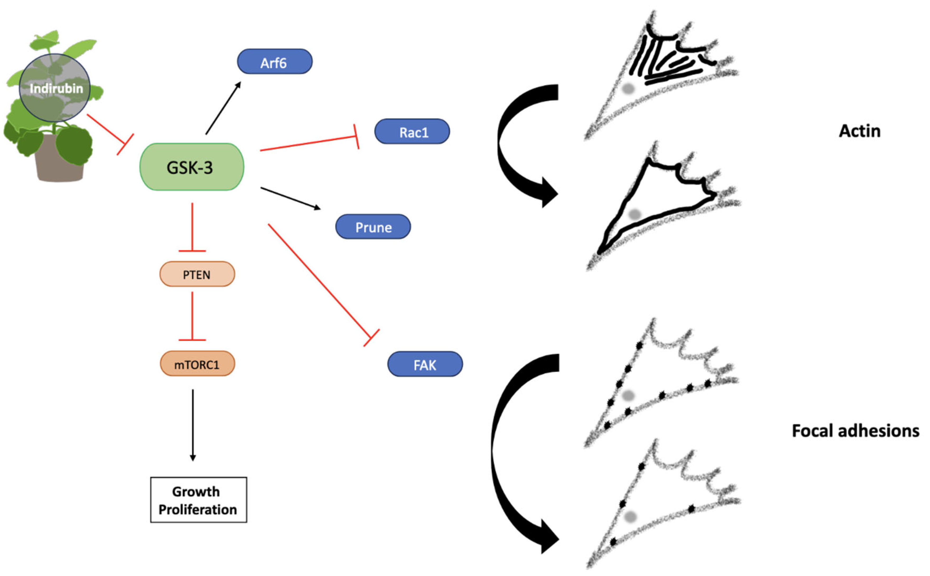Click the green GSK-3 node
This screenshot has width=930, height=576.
point(191,167)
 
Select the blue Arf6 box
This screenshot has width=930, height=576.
point(274,62)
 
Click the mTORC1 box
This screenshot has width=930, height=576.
point(197,364)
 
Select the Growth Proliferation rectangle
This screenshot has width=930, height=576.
point(198,499)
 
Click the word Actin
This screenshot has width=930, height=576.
point(859,131)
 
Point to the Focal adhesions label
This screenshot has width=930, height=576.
point(855,431)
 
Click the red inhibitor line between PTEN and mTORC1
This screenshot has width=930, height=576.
point(192,316)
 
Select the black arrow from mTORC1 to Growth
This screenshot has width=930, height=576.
point(192,423)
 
